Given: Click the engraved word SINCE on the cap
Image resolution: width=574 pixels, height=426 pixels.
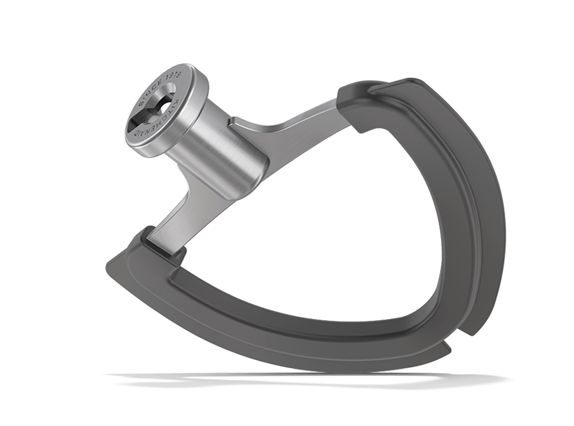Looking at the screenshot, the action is click(x=151, y=90).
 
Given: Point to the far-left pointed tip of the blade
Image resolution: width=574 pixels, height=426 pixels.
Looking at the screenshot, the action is click(x=107, y=264).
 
